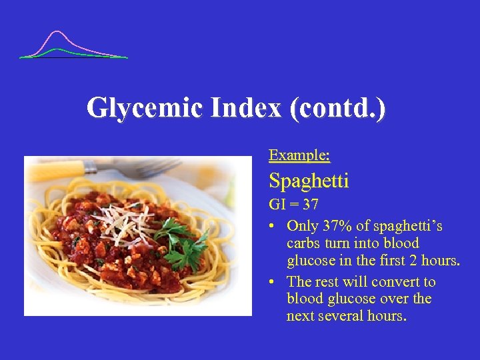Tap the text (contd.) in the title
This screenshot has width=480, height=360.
[x=337, y=107]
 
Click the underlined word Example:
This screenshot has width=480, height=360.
[x=299, y=155]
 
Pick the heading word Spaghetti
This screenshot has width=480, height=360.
[x=309, y=180]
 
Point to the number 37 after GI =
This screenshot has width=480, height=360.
[x=310, y=204]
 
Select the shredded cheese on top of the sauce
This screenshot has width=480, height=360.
[x=123, y=217]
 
